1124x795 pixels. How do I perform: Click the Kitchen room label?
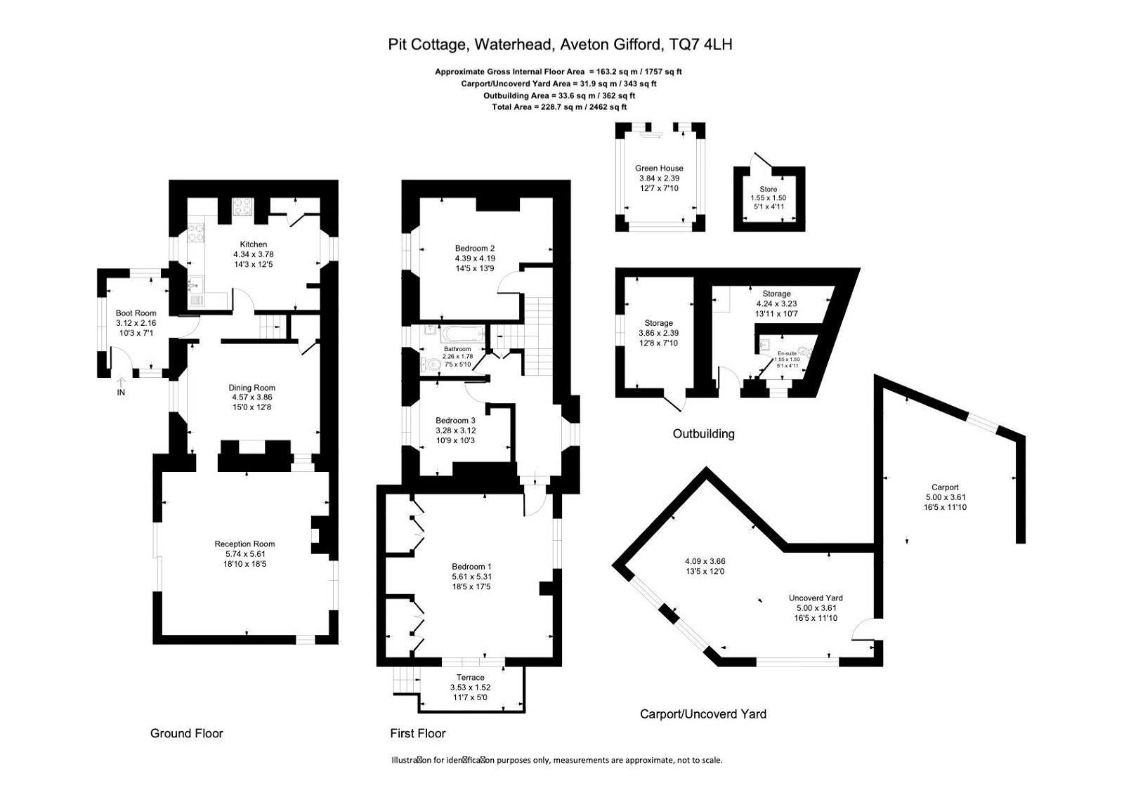point(253,244)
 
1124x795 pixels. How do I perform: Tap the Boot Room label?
point(136,313)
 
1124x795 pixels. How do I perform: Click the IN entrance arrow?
point(121,383)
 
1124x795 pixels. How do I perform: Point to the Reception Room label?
point(244,544)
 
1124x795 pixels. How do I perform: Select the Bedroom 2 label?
point(475,248)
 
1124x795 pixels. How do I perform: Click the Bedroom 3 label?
point(455,421)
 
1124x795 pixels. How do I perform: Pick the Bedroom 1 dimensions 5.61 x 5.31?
point(471,577)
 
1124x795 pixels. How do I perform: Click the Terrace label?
point(470,678)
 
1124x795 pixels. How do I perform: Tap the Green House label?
point(659,169)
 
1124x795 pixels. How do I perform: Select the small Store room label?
point(769,190)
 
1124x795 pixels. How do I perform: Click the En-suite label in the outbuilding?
point(786,353)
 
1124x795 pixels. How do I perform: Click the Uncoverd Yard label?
point(816,598)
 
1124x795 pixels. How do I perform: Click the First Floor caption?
point(418,733)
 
